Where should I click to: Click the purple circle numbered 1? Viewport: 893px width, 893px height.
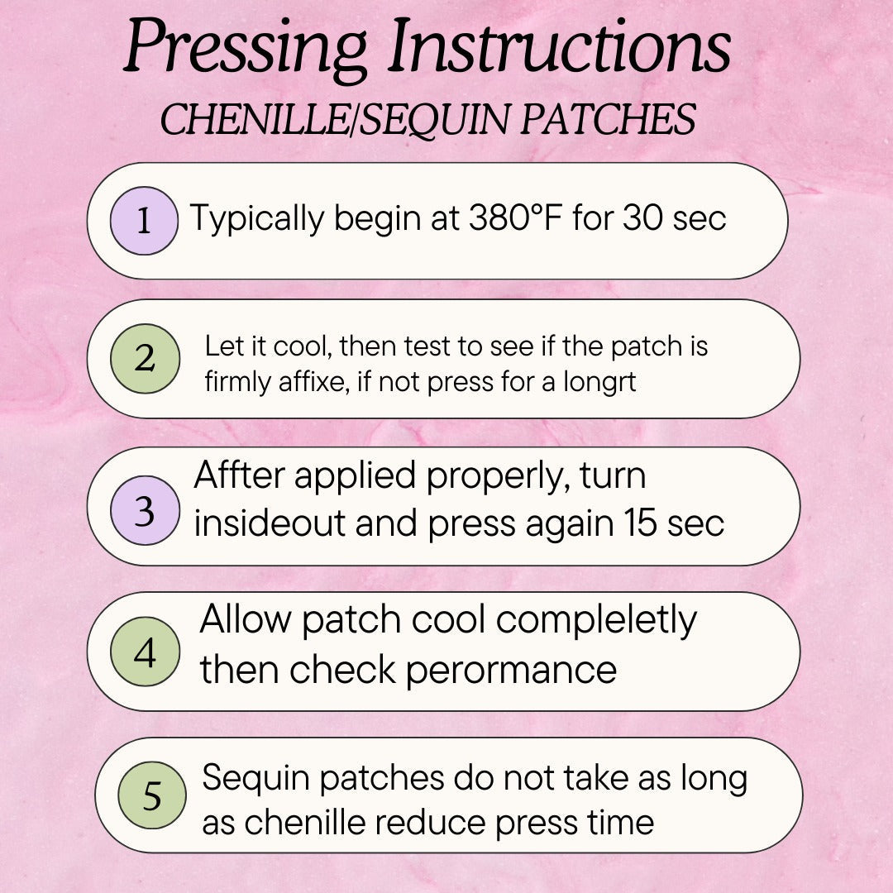(x=144, y=221)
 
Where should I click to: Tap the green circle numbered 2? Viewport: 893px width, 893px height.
(x=146, y=358)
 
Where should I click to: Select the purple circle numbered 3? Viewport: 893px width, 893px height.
(x=146, y=510)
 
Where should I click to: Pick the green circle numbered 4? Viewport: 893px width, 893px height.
(x=146, y=651)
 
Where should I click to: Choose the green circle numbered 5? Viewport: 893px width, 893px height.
(x=152, y=795)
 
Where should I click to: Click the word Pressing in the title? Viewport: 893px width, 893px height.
(x=246, y=49)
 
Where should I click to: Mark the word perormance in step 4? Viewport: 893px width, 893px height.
(x=511, y=671)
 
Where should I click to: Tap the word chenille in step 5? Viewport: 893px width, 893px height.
(x=305, y=823)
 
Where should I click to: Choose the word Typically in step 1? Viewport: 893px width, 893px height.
(x=257, y=218)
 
